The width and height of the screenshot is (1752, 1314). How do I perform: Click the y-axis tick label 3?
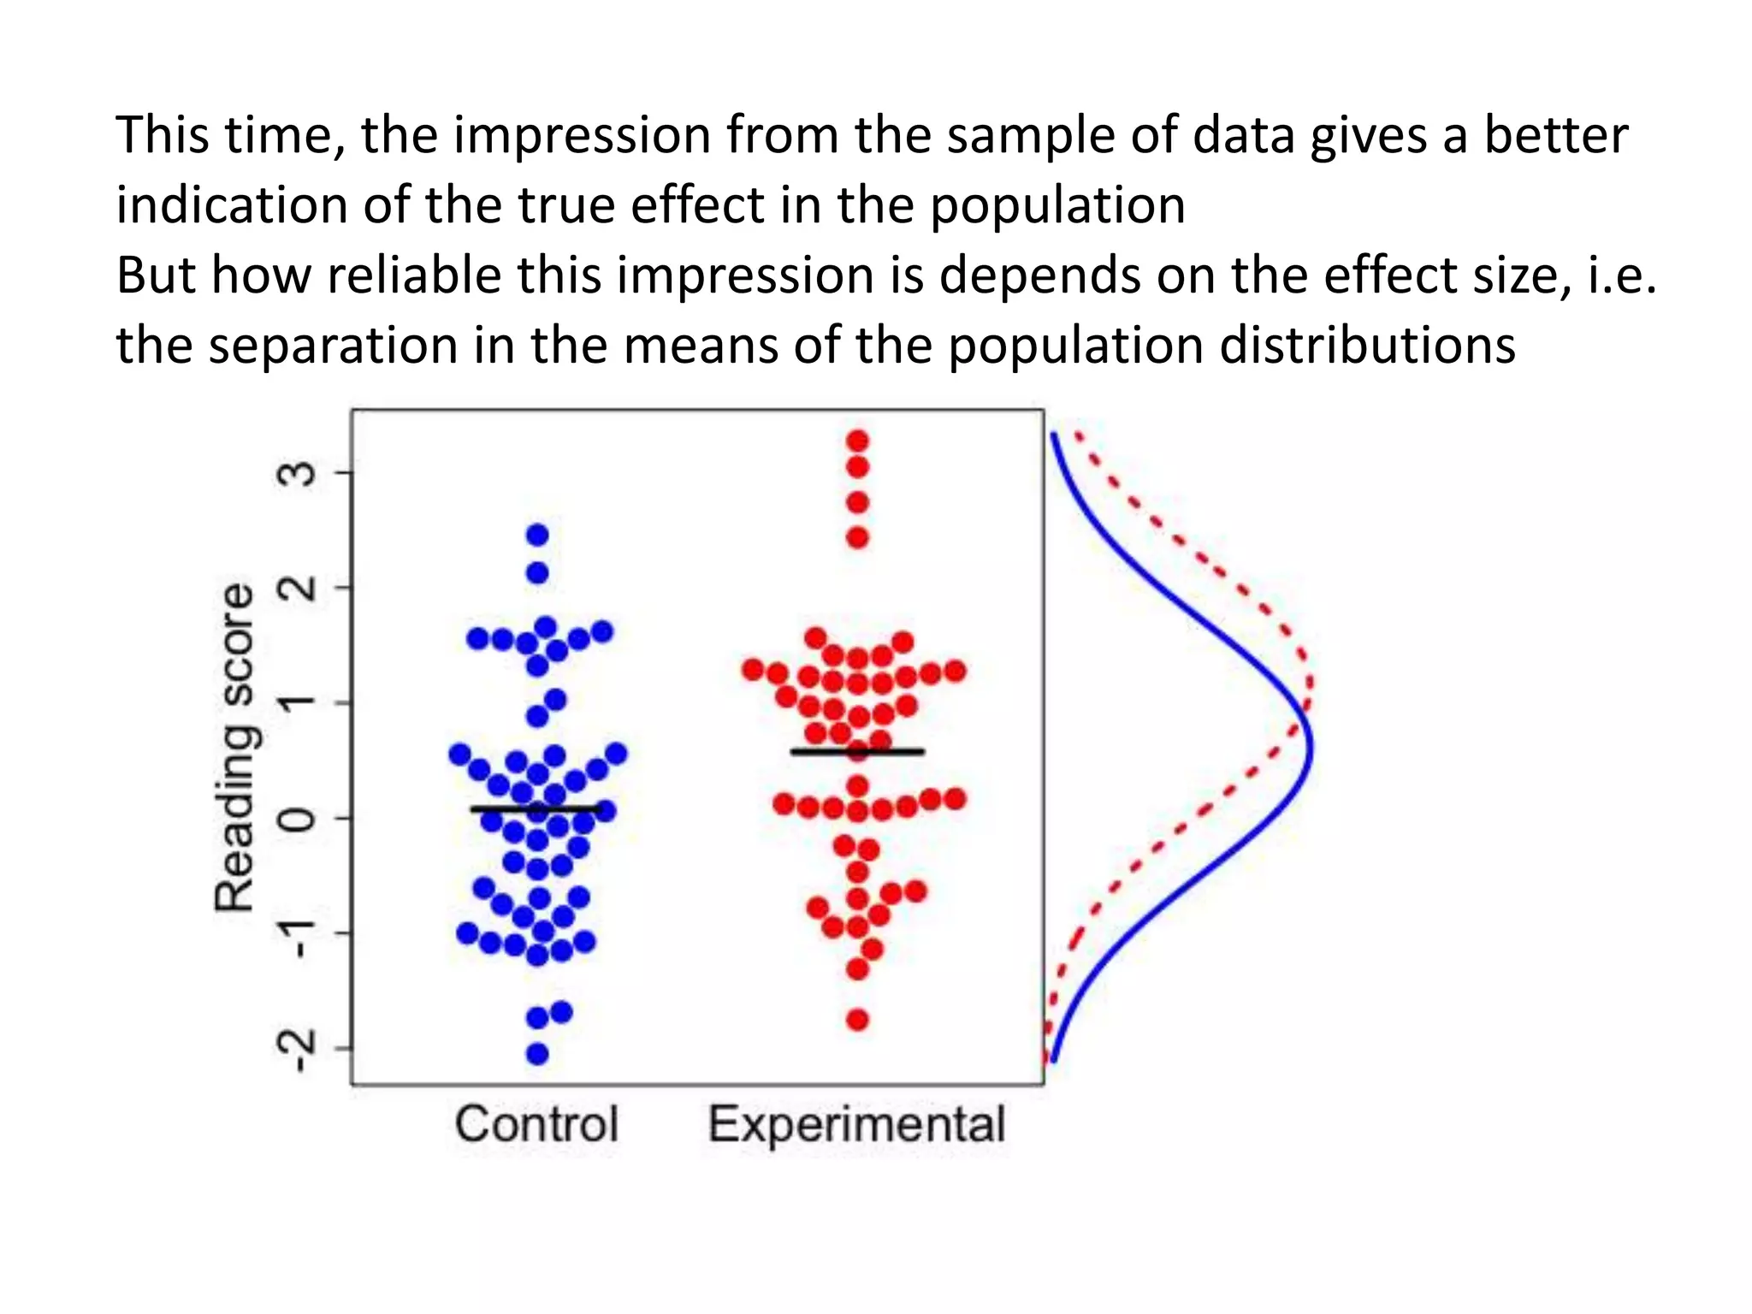tap(299, 473)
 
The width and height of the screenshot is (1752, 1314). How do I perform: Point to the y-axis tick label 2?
tap(299, 588)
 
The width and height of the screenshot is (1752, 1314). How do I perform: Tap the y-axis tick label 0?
tap(299, 819)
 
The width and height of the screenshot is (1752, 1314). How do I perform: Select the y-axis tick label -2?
tap(299, 1048)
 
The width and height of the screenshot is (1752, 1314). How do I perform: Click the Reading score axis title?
tap(234, 748)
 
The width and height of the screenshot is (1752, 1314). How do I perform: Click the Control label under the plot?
tap(536, 1123)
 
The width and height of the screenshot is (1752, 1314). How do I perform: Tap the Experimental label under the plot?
tap(856, 1123)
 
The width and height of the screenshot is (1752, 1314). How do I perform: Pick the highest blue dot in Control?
tap(537, 536)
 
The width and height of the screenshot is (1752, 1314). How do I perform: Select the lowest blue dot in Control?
tap(537, 1054)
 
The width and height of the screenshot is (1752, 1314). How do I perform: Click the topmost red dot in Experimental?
tap(857, 441)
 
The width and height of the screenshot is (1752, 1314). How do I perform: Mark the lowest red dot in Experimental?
tap(857, 1020)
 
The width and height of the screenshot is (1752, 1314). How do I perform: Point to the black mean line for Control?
tap(536, 808)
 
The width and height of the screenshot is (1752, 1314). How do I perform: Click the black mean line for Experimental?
tap(857, 752)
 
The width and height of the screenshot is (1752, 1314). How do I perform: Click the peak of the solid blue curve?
tap(1311, 748)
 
